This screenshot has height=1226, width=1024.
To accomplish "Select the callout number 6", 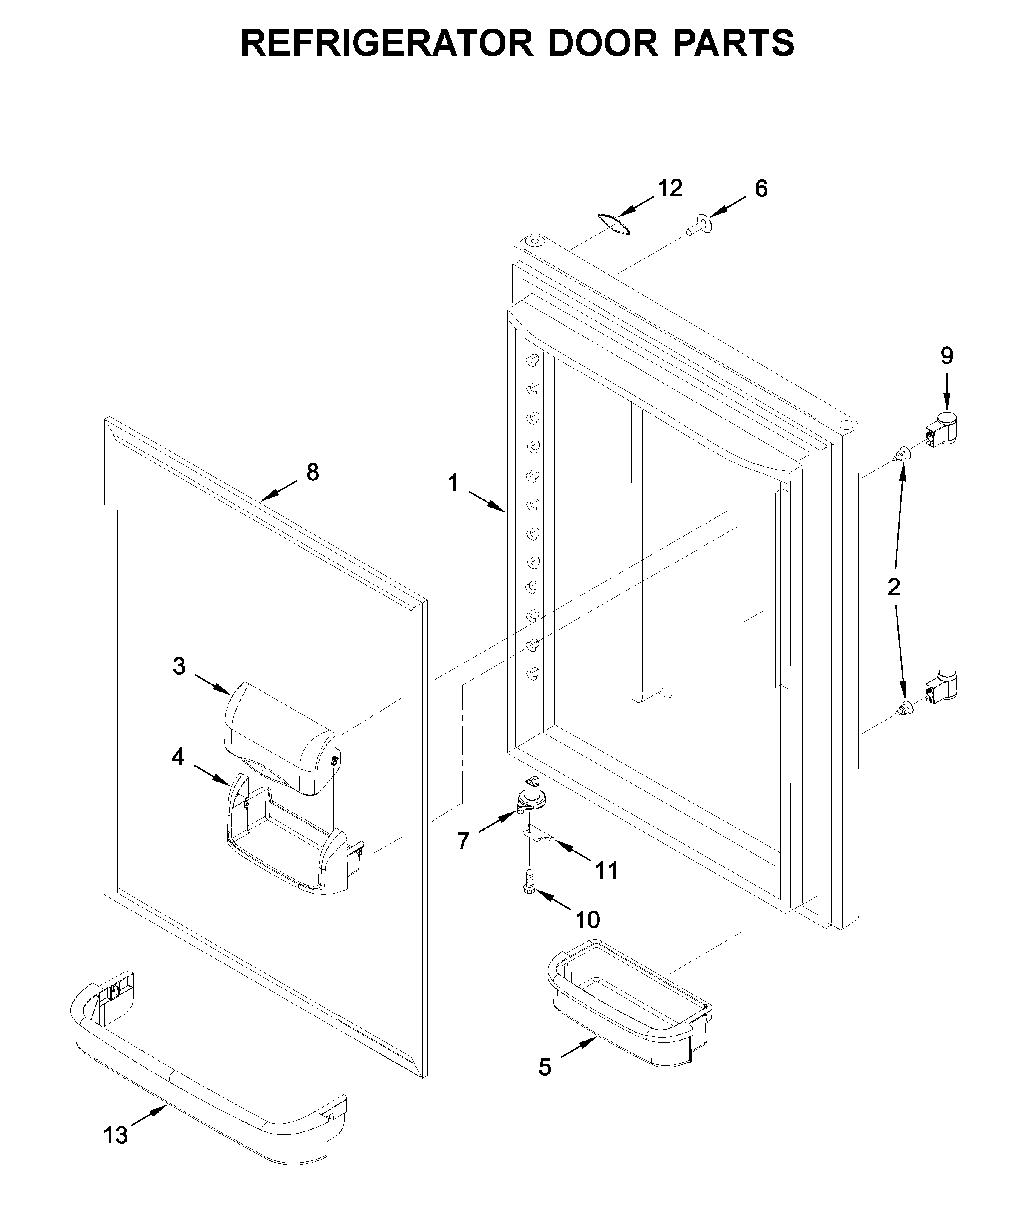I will pos(761,189).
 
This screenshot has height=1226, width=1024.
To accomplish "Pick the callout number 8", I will pos(313,472).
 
